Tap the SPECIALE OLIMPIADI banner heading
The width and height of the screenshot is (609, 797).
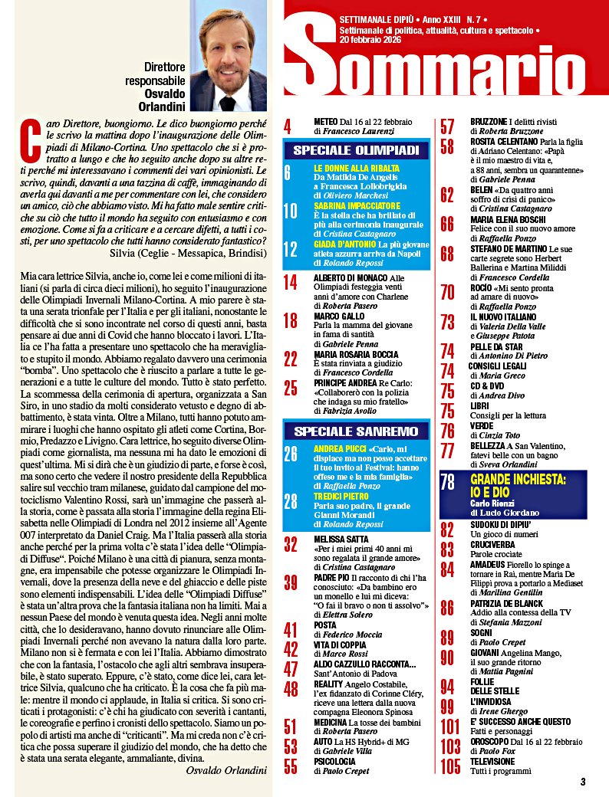[355, 149]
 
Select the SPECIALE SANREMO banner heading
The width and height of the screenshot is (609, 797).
[355, 431]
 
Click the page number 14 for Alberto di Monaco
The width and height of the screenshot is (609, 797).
[291, 282]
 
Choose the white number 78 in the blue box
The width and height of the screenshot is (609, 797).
[449, 482]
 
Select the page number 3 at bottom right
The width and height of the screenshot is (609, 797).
[582, 782]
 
